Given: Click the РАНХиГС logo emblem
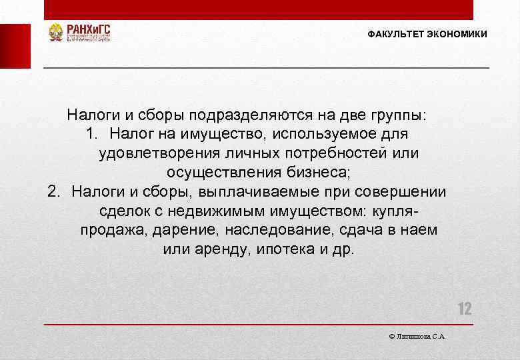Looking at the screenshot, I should pos(55,33).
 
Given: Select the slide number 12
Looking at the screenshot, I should pos(464,309).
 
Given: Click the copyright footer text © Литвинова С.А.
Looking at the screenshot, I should pos(417,337).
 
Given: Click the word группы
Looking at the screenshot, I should pos(393,115).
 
